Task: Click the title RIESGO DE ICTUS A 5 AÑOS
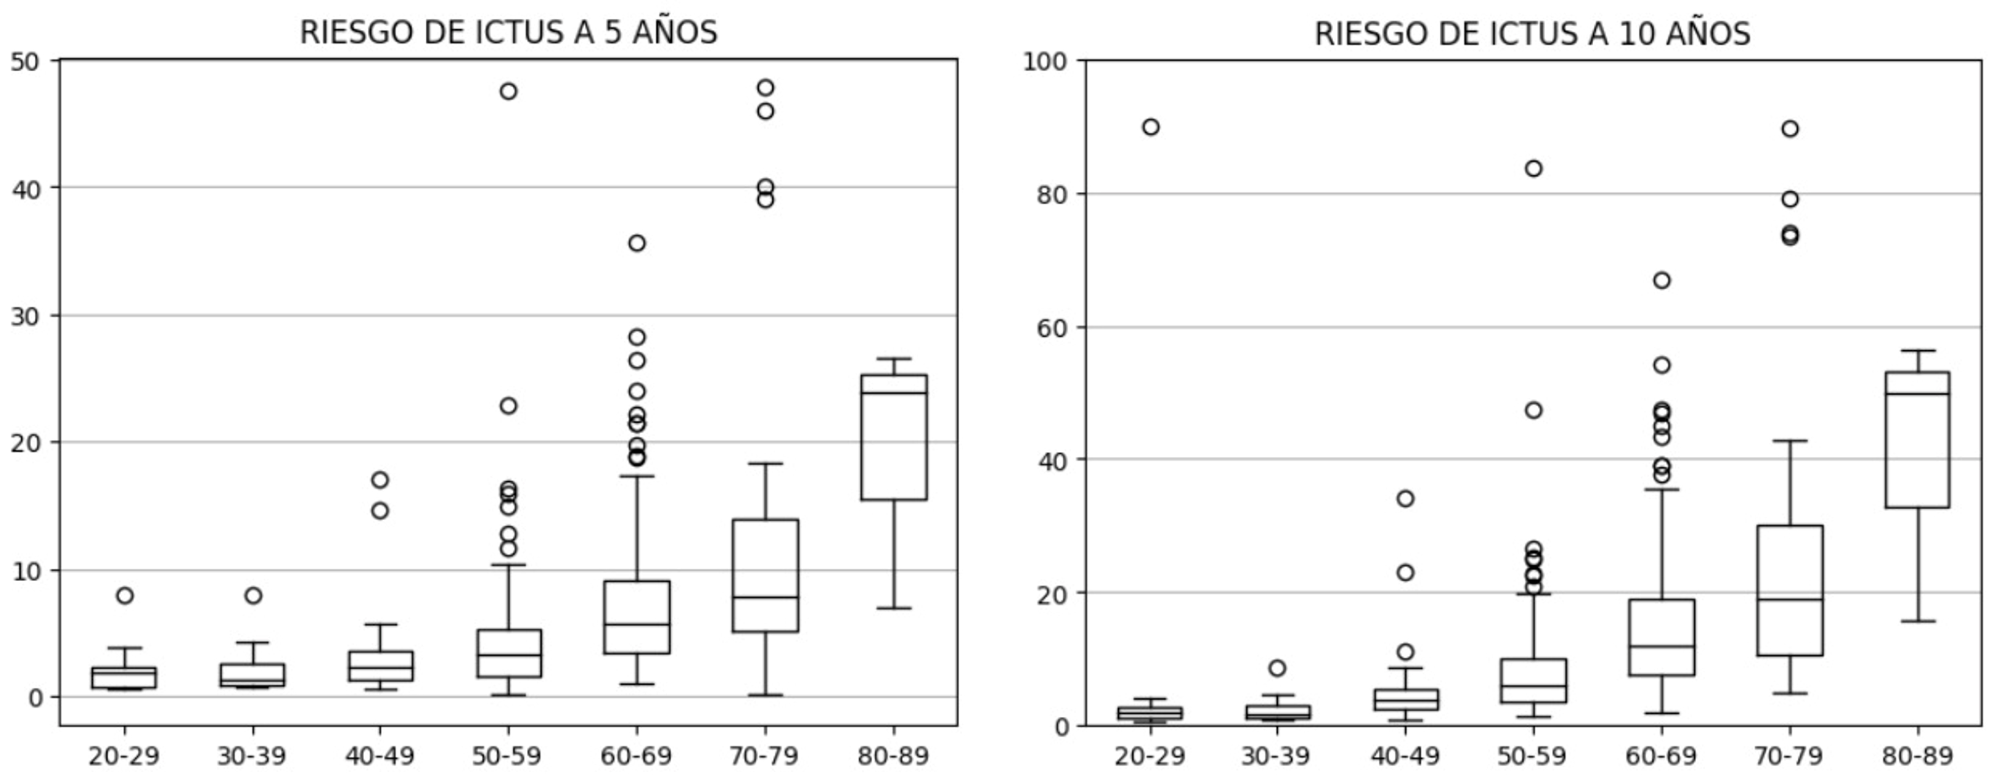coord(508,32)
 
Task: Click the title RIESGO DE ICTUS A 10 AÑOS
coord(1532,34)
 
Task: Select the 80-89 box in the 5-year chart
coord(894,438)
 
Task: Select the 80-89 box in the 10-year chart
coord(1917,440)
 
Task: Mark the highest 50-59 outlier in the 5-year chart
coord(509,91)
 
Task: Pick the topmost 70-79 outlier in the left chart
coord(765,88)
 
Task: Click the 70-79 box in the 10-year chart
coord(1790,590)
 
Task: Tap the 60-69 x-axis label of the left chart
coord(636,756)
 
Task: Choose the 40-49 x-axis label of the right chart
coord(1405,756)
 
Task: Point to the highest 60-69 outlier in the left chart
coord(636,244)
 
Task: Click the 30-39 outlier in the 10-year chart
coord(1277,668)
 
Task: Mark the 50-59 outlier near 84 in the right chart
coord(1534,169)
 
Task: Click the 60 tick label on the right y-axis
coord(1051,327)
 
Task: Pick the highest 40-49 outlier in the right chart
coord(1406,498)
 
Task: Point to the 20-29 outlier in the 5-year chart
coord(125,595)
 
